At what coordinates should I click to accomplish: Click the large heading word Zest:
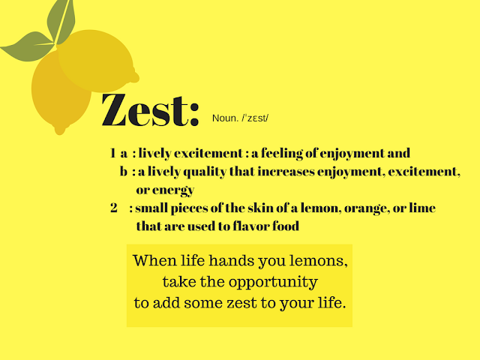click(x=150, y=110)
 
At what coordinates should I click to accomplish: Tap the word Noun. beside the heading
click(x=225, y=118)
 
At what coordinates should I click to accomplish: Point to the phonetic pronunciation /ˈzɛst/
click(x=256, y=118)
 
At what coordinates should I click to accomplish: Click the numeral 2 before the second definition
click(x=113, y=208)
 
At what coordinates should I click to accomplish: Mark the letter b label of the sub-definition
click(x=124, y=172)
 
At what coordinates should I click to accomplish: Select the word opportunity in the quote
click(x=270, y=283)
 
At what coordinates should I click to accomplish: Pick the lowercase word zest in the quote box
click(x=254, y=304)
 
